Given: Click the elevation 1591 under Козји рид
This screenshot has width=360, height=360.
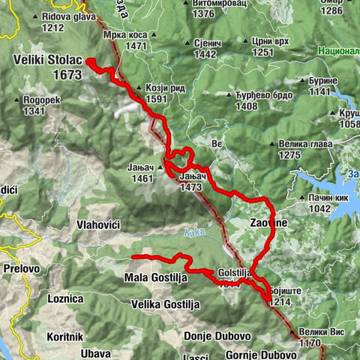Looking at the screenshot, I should tap(155, 98).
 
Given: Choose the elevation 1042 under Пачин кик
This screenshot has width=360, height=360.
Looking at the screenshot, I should tap(319, 208).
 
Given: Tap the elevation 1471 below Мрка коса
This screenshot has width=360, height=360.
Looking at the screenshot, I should tap(135, 46).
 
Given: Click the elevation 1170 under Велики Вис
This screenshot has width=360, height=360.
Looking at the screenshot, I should tap(309, 342).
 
